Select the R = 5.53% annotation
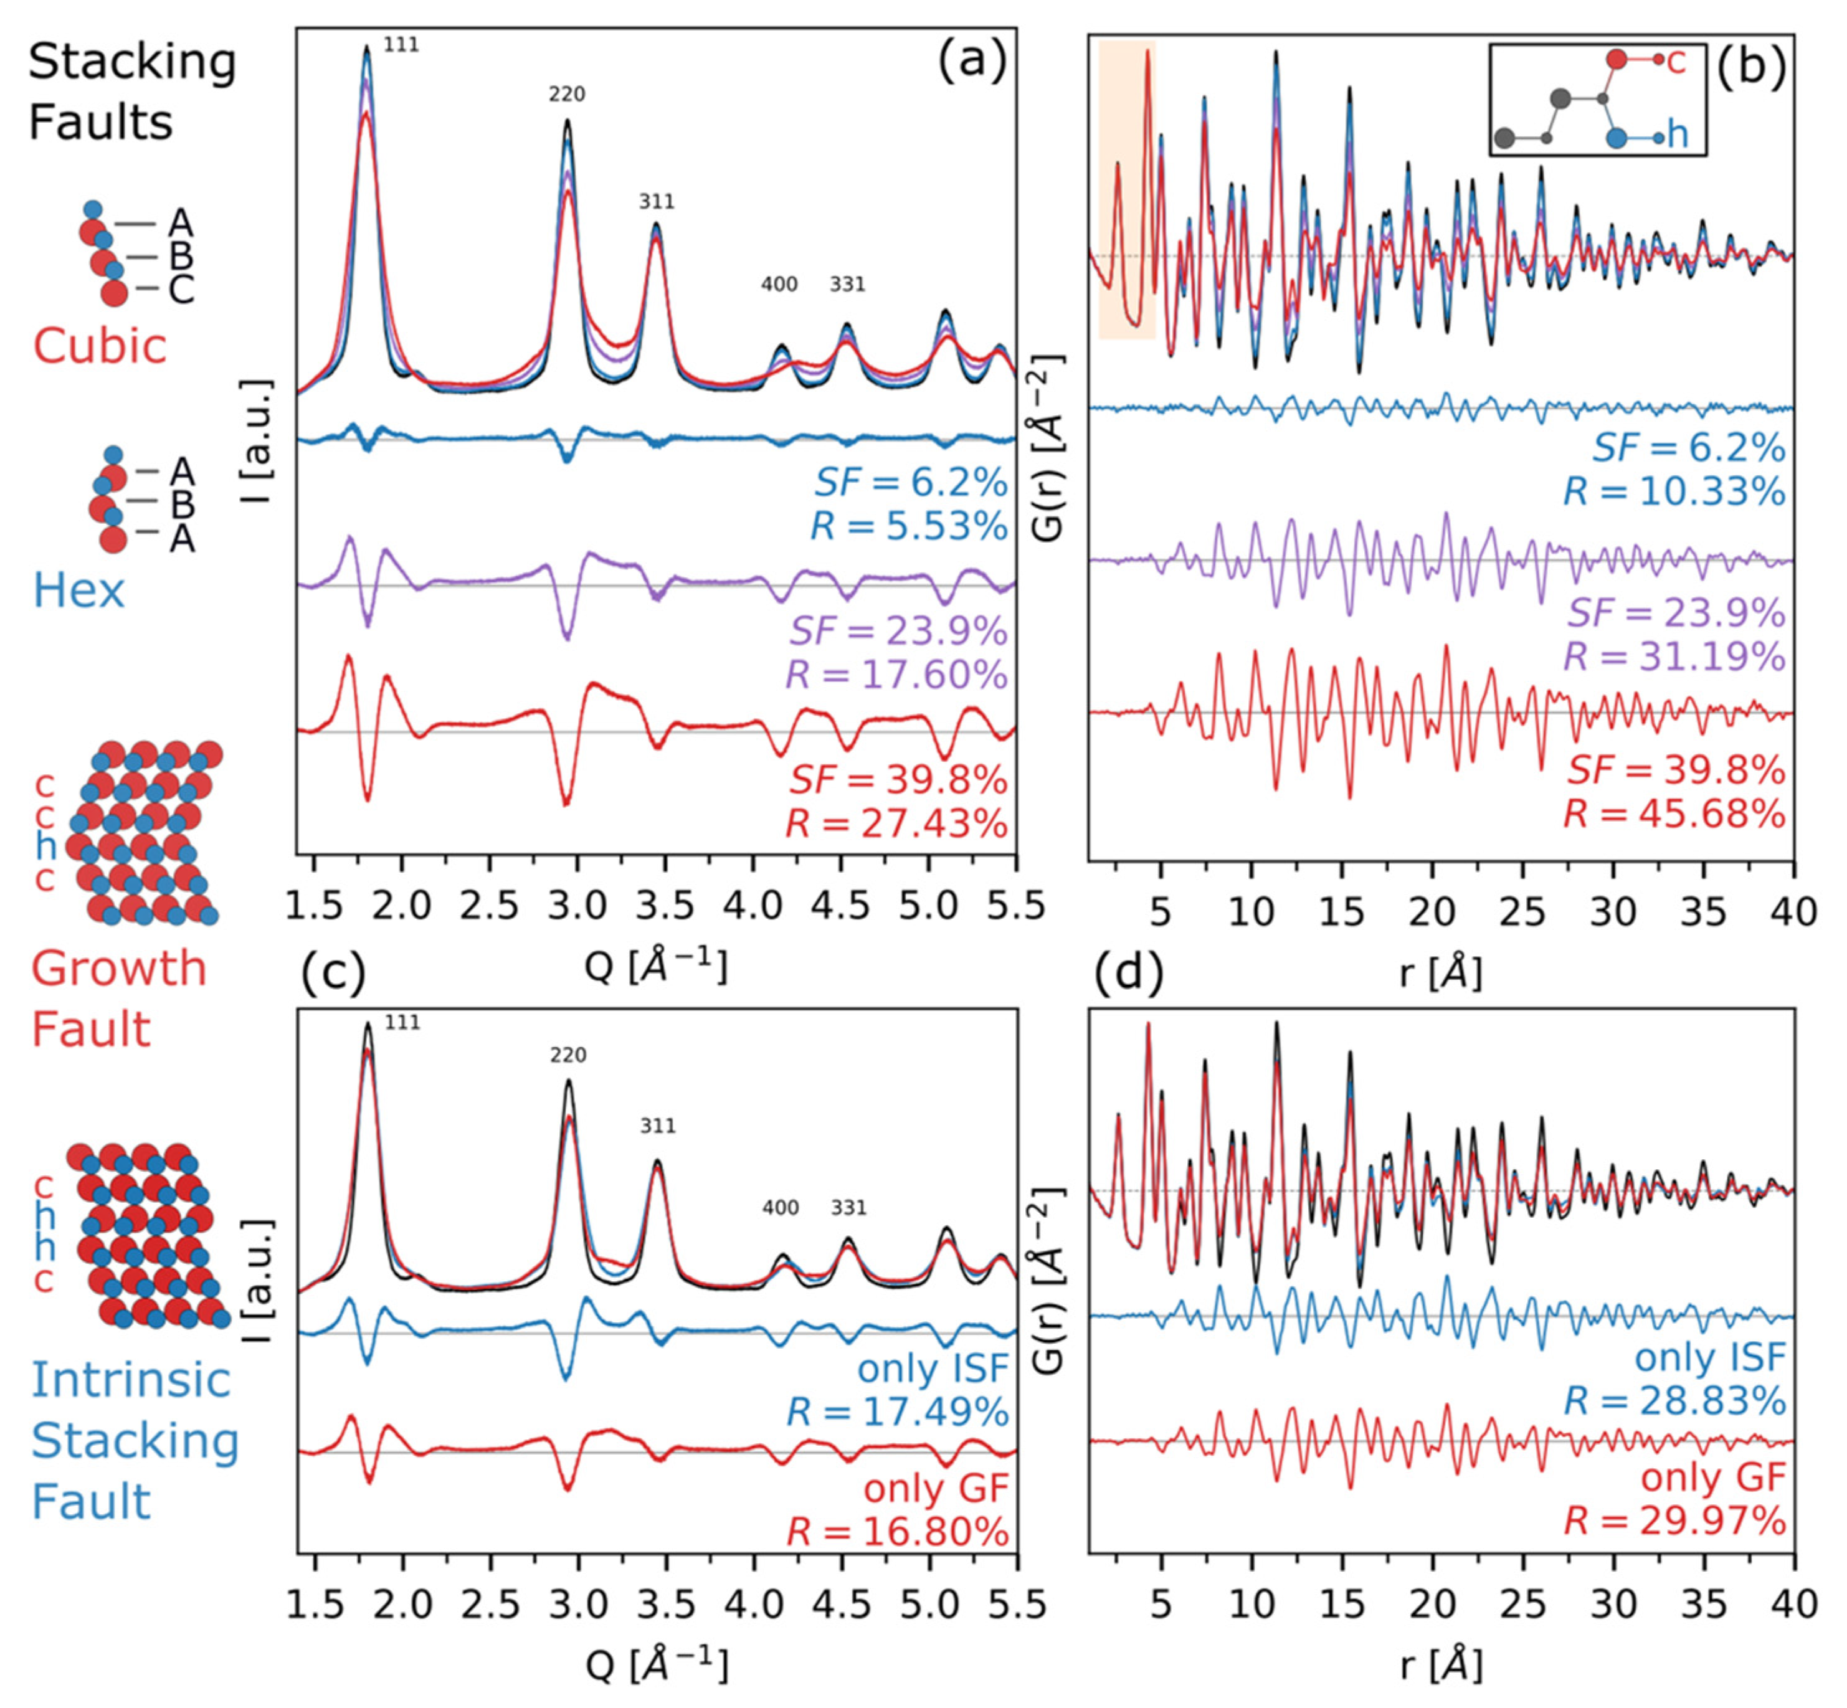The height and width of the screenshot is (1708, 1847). click(x=909, y=526)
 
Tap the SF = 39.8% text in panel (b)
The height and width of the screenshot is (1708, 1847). click(x=1675, y=770)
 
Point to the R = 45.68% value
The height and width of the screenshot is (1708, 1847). click(x=1674, y=814)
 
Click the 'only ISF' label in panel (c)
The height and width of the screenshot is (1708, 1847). click(x=932, y=1369)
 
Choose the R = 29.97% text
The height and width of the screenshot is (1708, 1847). click(x=1674, y=1521)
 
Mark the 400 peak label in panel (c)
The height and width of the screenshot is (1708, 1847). click(x=780, y=1207)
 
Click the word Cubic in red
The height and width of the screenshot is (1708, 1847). click(x=100, y=346)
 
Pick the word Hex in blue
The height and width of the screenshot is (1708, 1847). click(x=78, y=591)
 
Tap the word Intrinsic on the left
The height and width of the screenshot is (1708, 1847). click(x=130, y=1380)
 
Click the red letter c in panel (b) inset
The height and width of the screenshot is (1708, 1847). click(x=1675, y=61)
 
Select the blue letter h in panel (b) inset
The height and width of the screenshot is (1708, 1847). click(x=1677, y=135)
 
